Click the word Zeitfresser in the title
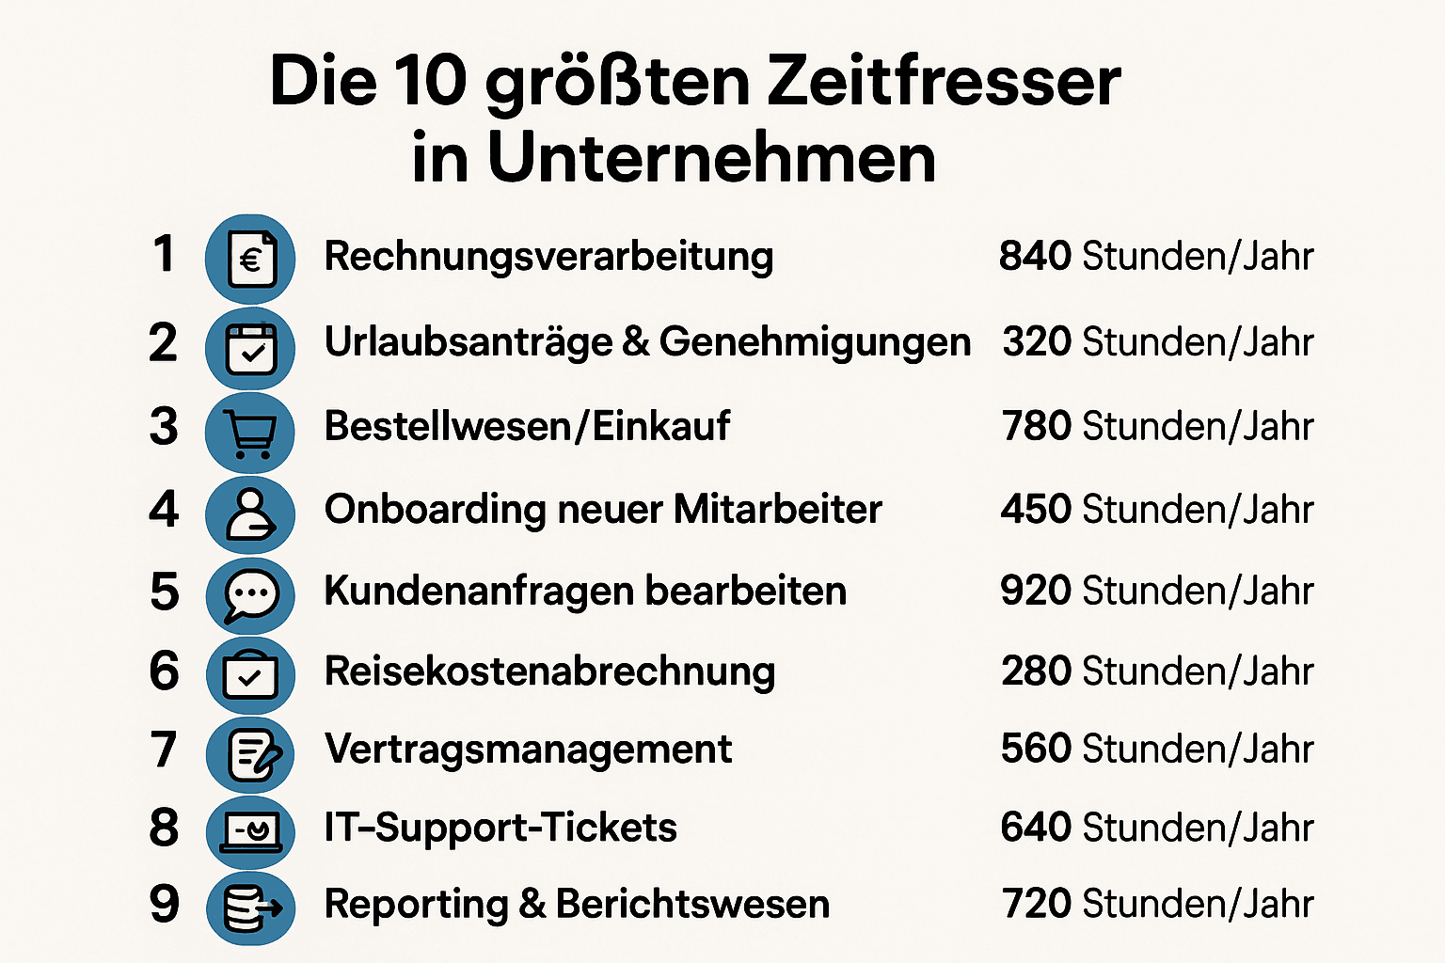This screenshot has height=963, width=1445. click(x=944, y=81)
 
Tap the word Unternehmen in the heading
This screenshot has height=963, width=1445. click(x=711, y=158)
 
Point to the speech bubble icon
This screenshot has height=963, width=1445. click(x=250, y=595)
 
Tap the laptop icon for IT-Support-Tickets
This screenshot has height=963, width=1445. click(x=250, y=830)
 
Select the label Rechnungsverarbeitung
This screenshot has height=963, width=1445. click(x=548, y=257)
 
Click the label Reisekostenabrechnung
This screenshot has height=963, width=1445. click(x=549, y=671)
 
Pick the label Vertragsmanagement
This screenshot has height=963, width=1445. click(x=528, y=750)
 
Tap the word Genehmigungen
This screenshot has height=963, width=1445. click(x=815, y=342)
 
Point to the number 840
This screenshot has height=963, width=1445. click(x=1035, y=256)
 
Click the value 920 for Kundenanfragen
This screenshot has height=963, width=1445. click(x=1036, y=591)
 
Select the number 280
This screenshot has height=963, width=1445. click(x=1036, y=671)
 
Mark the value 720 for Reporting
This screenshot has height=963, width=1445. click(x=1037, y=904)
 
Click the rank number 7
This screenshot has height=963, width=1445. click(x=164, y=750)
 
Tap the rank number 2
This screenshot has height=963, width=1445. click(x=163, y=343)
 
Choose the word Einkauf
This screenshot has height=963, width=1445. click(x=661, y=426)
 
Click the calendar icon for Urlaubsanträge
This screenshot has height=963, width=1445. click(x=250, y=349)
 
